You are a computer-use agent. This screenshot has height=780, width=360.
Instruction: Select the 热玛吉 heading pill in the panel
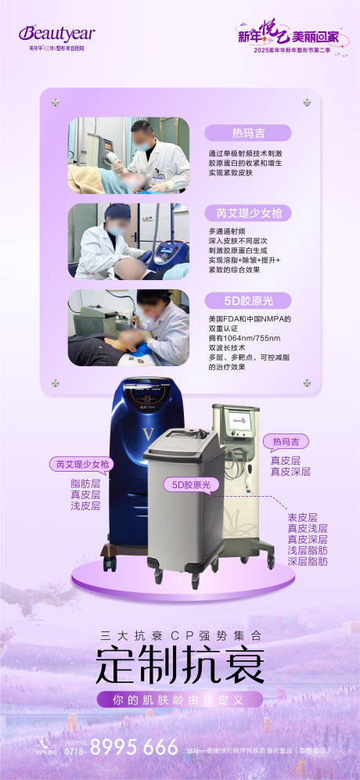[247, 133]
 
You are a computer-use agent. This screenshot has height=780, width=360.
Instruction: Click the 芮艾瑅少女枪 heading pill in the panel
[247, 214]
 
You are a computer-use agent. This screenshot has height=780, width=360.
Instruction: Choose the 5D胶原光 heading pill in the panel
[247, 300]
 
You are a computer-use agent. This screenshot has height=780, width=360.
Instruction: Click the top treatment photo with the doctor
[128, 156]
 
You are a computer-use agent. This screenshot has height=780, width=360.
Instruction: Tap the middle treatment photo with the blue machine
[128, 241]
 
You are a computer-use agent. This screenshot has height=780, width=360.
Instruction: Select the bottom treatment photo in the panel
[128, 328]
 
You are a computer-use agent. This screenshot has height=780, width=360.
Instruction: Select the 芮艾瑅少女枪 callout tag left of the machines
[80, 464]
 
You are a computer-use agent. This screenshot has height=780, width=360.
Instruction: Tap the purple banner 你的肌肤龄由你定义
[179, 699]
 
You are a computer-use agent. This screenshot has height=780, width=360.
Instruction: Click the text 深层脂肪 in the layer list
[307, 562]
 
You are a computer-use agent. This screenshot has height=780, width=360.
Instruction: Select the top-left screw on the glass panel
[56, 102]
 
